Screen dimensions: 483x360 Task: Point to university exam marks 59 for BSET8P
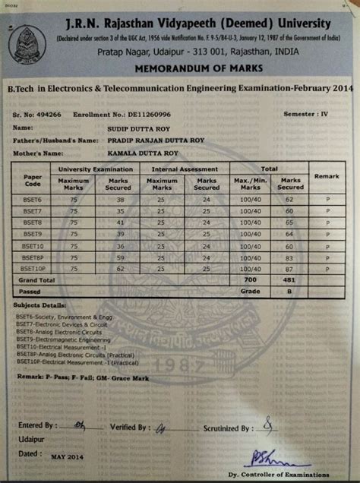pyautogui.click(x=119, y=257)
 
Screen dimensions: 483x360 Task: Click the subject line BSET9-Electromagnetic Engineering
pyautogui.click(x=62, y=340)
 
